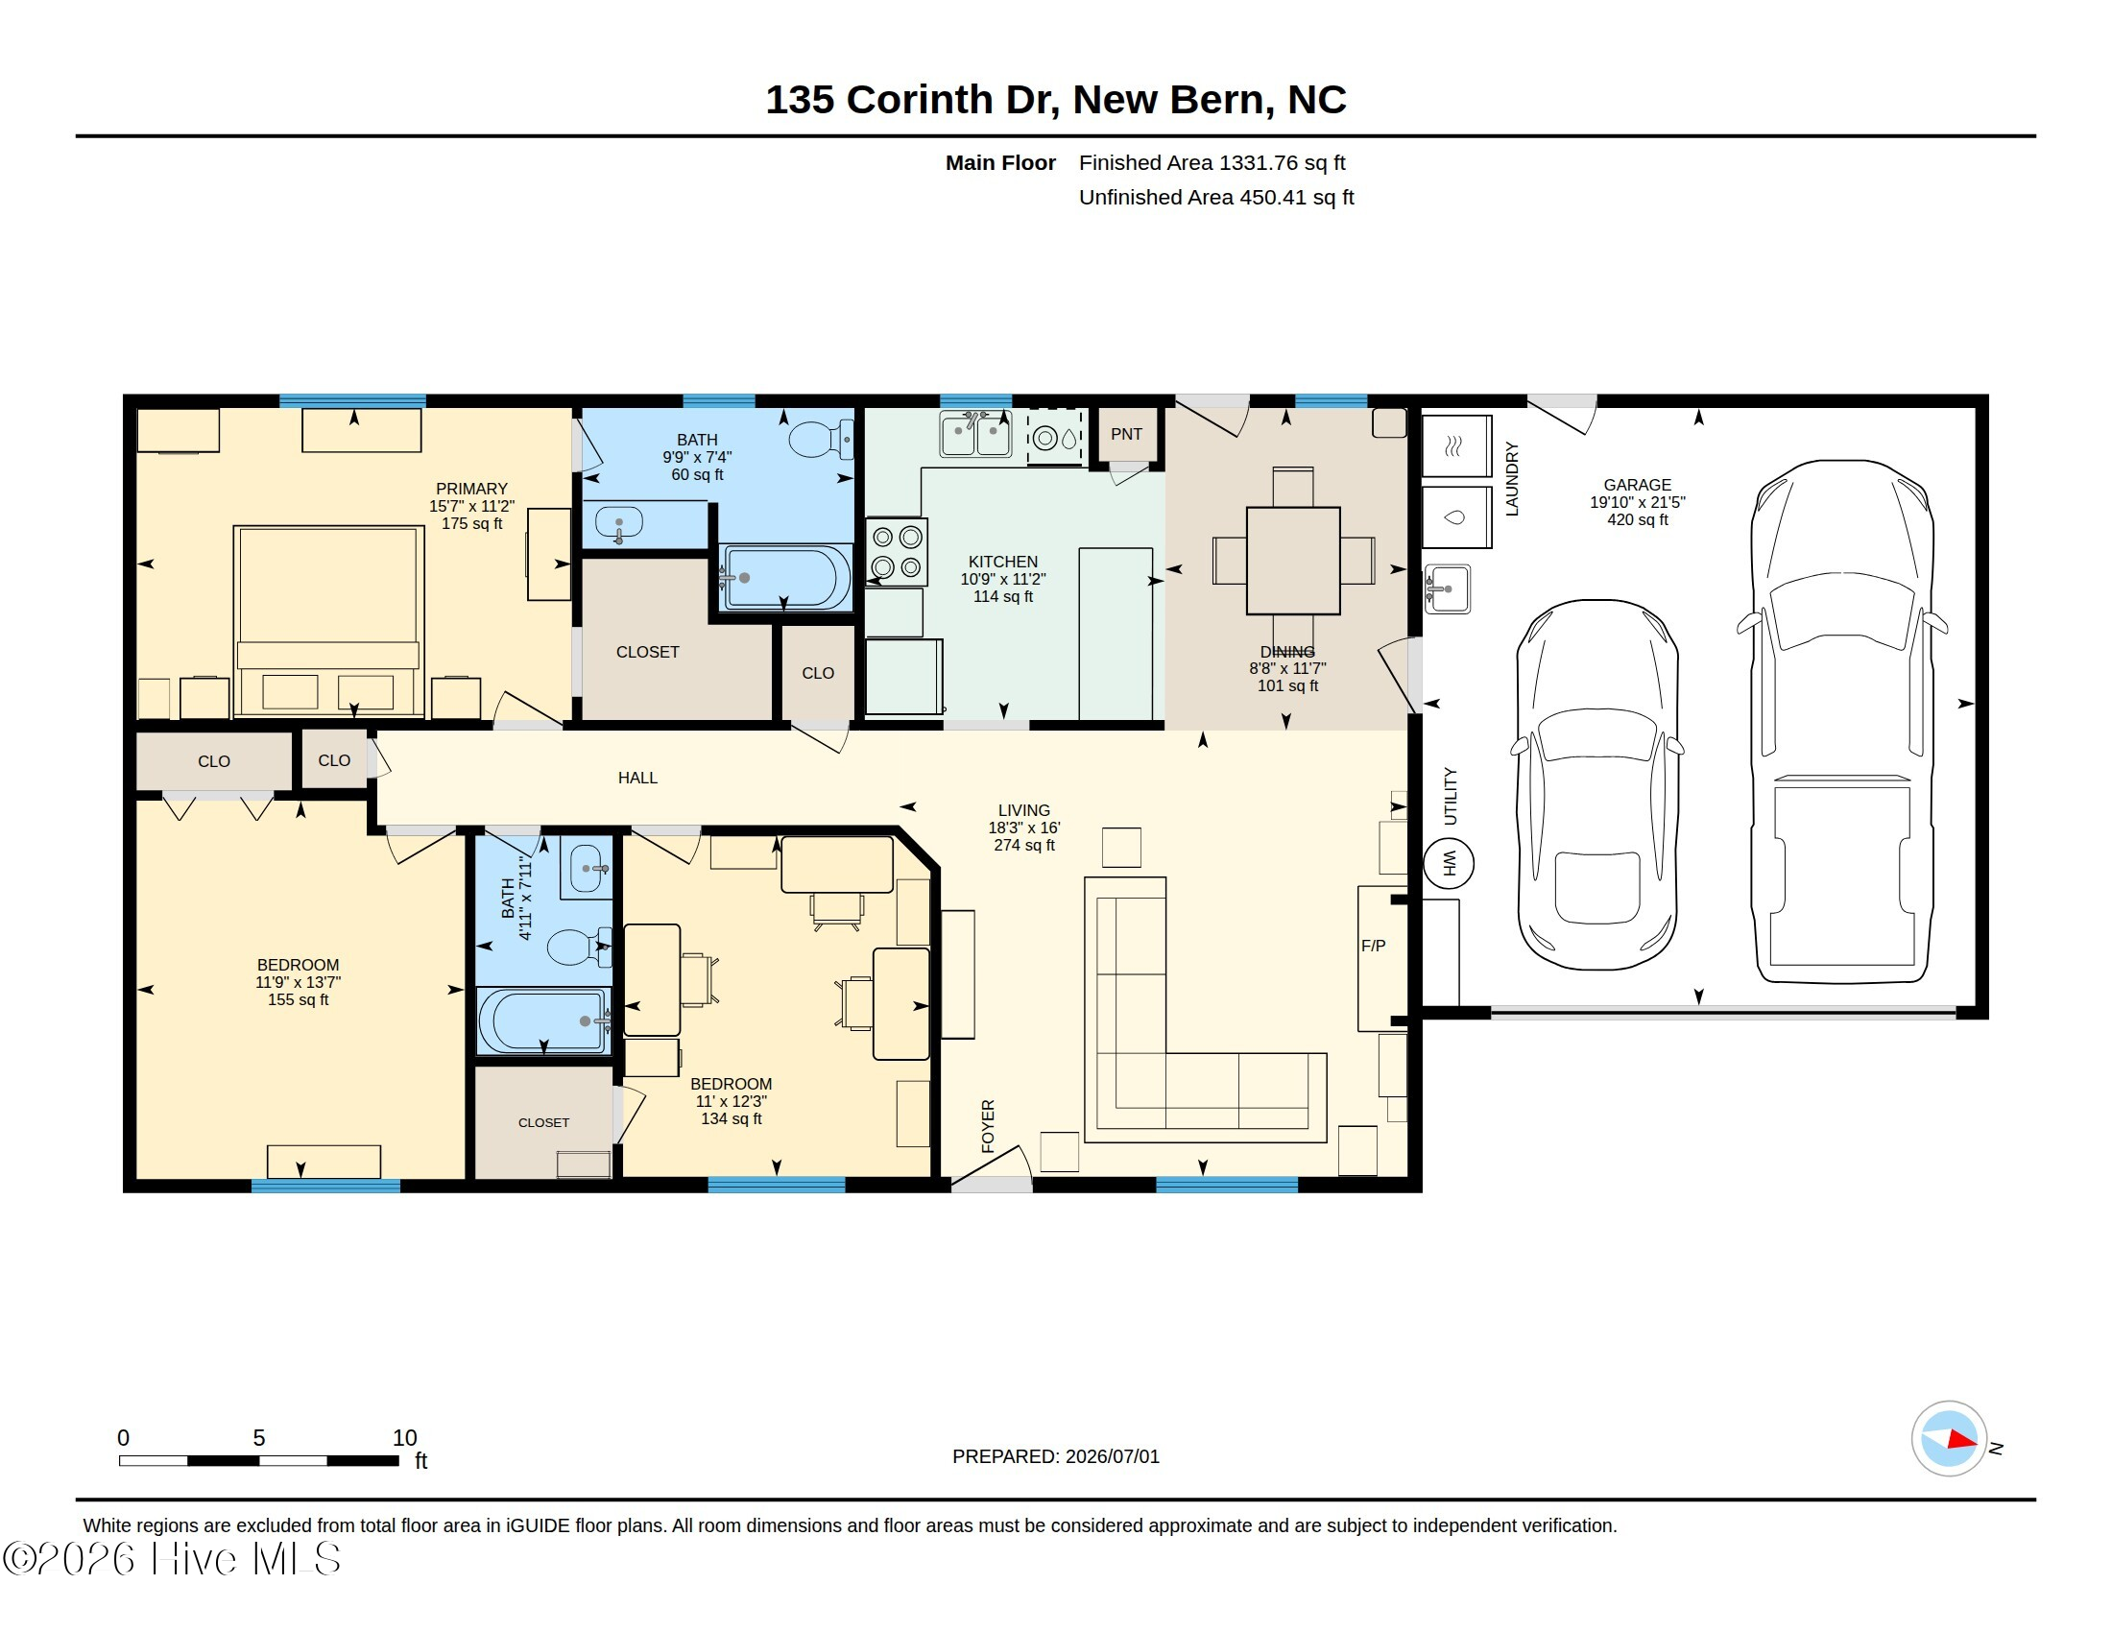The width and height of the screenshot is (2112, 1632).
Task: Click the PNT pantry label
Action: (1126, 434)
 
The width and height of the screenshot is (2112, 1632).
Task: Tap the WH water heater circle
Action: (1449, 862)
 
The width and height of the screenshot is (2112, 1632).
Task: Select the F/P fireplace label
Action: (1373, 946)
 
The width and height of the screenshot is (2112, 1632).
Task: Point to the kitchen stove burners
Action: (897, 552)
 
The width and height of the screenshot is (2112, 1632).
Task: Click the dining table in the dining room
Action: (1293, 561)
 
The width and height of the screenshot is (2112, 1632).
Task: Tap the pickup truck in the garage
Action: (1841, 721)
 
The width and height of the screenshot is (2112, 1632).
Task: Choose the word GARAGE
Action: (1637, 485)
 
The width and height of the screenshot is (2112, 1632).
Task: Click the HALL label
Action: (637, 778)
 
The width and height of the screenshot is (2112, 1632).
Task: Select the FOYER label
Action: (987, 1125)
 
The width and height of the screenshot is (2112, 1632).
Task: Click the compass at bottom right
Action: (1949, 1439)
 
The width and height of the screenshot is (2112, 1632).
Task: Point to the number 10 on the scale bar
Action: (404, 1438)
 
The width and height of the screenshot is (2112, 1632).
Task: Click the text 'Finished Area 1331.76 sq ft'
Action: (1212, 162)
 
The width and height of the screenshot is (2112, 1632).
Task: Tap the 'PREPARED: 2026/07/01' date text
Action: (1055, 1456)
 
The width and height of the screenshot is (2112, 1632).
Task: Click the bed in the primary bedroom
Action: (328, 621)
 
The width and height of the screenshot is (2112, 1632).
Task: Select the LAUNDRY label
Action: (1511, 479)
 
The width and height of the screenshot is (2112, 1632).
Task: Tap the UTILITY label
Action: (1450, 796)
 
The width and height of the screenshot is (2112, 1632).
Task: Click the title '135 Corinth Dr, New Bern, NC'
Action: (1055, 100)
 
